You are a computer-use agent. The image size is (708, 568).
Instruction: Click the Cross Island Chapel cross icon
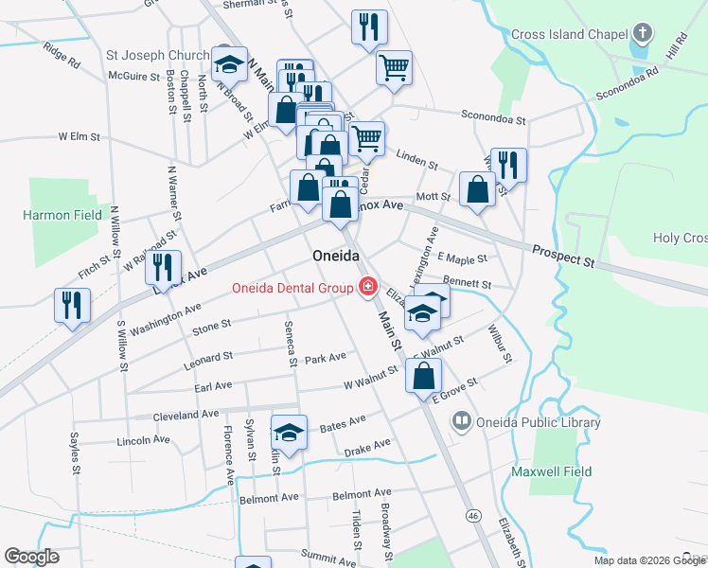coord(643,34)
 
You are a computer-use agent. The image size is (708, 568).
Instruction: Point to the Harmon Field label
coord(62,215)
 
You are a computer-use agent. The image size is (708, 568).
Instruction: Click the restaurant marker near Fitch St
coord(72,305)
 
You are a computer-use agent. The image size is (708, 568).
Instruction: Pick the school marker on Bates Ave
coord(289,433)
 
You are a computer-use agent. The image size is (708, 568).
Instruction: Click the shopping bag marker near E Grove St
coord(423,375)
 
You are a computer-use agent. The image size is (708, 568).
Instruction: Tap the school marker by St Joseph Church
coord(229,63)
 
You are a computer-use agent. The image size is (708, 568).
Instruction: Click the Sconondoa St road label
coord(493,115)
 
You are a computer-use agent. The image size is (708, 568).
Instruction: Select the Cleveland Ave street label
coord(186,416)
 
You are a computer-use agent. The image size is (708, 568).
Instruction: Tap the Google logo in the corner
coord(31,557)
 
